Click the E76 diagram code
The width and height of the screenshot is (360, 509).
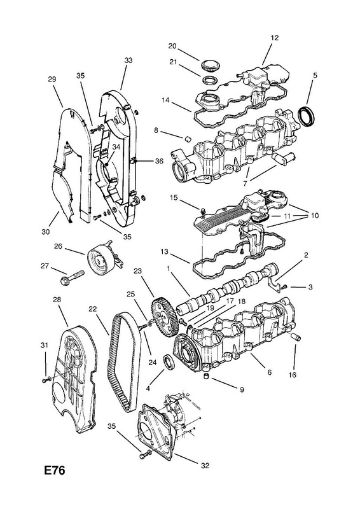[x=55, y=470]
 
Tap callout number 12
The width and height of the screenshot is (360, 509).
[x=274, y=38]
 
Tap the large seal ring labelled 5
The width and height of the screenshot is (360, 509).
[x=307, y=116]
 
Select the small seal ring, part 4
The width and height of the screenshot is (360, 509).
[x=170, y=362]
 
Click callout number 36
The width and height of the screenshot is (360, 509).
[x=159, y=161]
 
